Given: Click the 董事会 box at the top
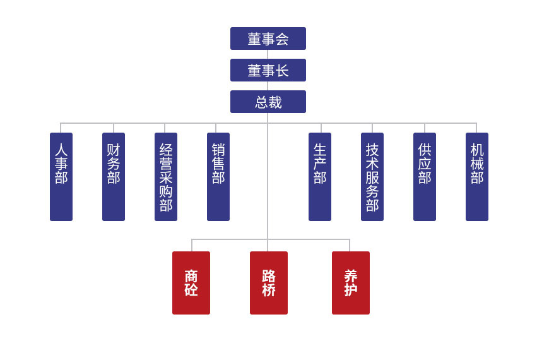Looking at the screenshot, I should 268,39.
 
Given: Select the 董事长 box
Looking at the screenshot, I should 268,70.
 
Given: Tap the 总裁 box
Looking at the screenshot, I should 268,102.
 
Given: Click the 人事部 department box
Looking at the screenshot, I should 61,177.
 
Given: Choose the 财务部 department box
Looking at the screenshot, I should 114,177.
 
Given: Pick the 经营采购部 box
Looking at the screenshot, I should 166,177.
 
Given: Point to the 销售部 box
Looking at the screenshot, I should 218,177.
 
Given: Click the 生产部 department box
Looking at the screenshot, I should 320,177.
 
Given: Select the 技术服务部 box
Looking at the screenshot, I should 372,177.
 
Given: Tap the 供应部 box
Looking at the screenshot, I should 425,177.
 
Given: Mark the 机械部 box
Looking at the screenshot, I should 477,177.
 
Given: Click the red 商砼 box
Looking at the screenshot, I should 191,283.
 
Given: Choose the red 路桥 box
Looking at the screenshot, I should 269,283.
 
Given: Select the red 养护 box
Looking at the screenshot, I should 351,283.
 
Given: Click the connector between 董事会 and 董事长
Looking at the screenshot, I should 268,54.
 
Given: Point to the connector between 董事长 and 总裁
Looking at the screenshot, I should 268,86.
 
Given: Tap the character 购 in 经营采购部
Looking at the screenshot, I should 166,191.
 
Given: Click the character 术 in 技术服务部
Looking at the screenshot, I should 372,164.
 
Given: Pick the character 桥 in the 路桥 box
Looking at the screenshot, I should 269,291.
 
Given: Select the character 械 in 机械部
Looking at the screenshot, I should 477,164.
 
